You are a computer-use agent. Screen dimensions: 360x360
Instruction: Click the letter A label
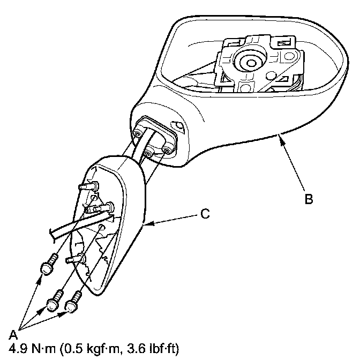tap(13, 334)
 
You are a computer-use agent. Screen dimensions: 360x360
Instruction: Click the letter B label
tap(308, 199)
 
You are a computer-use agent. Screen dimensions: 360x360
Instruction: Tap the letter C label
tap(204, 214)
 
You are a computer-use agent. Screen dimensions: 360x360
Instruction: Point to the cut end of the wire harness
tap(51, 232)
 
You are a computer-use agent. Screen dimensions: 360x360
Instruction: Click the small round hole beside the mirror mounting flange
tap(179, 127)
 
